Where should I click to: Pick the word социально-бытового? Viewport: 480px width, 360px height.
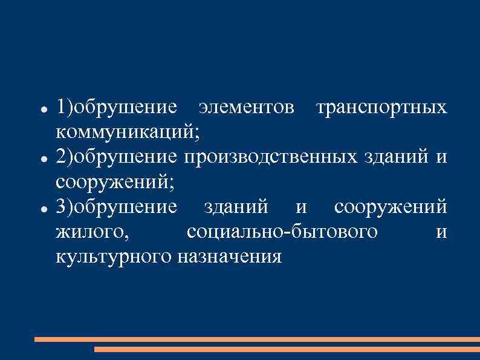click(282, 232)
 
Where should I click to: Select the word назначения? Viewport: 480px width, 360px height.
click(230, 257)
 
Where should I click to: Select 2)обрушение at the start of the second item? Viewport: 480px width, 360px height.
click(116, 157)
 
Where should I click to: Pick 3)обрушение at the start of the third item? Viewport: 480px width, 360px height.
click(116, 206)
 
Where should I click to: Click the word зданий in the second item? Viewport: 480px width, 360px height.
click(395, 157)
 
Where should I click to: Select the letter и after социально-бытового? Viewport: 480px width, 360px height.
click(441, 232)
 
